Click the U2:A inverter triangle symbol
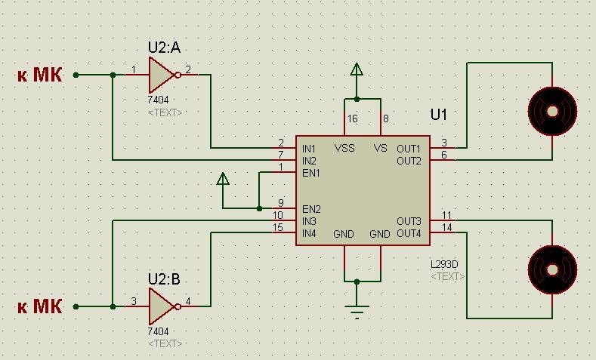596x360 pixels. [x=161, y=75]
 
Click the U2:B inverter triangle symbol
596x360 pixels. [x=161, y=306]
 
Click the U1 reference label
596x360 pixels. [x=439, y=115]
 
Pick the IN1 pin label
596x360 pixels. [x=310, y=148]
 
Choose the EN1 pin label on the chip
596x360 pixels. [x=311, y=172]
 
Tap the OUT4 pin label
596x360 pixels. [x=409, y=233]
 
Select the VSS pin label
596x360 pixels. [x=344, y=148]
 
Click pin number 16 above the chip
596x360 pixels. [x=352, y=118]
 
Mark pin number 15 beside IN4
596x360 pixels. [x=278, y=227]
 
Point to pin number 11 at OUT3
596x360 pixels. [x=447, y=215]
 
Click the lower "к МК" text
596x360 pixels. [x=40, y=306]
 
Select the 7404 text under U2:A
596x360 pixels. [x=159, y=100]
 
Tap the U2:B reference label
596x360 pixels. [x=164, y=279]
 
